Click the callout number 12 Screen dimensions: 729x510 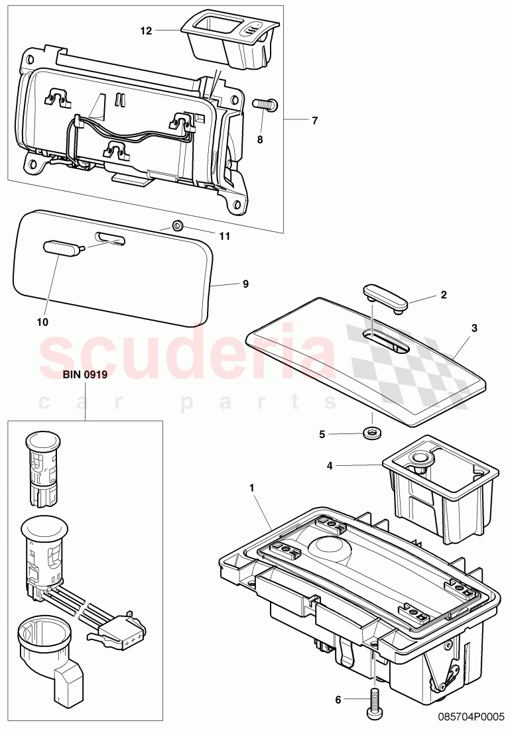click(x=146, y=30)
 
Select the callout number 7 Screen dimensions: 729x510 click(x=315, y=120)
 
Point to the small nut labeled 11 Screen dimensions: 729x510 click(x=177, y=225)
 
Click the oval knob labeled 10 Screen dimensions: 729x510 click(x=60, y=249)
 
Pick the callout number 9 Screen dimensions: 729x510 click(x=245, y=284)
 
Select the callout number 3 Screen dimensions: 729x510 click(x=474, y=327)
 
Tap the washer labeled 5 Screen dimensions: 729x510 click(x=371, y=434)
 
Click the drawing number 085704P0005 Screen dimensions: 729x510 click(x=473, y=716)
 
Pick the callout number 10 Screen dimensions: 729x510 click(x=43, y=321)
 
